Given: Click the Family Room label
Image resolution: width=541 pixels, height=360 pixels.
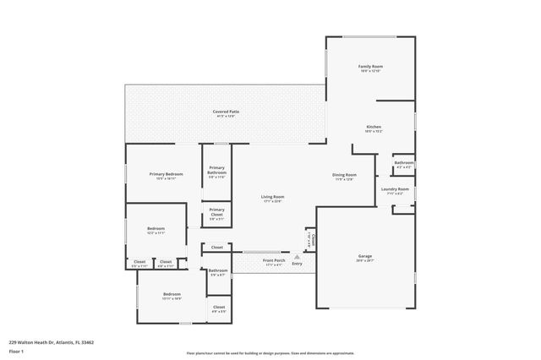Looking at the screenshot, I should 371,66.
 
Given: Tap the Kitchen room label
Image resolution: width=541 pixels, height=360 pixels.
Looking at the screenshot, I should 374,127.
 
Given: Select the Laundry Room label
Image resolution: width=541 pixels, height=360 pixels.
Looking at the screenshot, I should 395,189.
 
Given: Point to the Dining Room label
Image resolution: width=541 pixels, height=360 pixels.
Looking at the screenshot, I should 344,175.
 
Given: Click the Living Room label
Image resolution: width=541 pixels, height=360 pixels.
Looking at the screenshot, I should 272,197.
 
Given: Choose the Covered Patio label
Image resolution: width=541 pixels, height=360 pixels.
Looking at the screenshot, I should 224,112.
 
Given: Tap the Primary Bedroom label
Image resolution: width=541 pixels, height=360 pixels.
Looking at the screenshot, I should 167,174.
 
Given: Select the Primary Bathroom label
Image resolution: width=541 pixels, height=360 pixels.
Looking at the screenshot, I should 216,170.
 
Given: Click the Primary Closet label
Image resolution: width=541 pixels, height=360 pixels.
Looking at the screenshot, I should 216,211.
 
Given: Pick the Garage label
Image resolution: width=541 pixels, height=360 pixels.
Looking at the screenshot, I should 365,256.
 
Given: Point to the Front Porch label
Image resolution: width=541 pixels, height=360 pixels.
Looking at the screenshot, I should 274,260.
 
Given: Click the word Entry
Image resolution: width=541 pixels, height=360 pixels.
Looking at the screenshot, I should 297,265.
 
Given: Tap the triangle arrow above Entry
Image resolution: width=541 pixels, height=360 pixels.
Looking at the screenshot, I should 296,256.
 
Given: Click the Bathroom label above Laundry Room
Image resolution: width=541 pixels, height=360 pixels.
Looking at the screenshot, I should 404,162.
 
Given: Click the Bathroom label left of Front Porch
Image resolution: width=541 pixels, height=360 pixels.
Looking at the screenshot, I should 218,270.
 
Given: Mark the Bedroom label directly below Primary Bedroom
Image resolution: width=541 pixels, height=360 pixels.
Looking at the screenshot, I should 156,228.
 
